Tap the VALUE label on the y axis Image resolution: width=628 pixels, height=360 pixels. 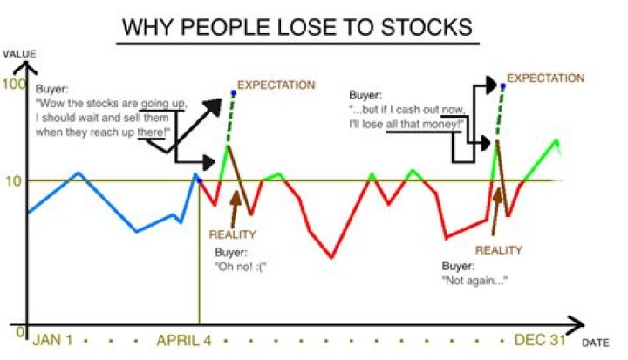coord(18,54)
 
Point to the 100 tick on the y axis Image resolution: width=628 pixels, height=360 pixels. coord(13,85)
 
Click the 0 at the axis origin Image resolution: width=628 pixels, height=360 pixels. coord(19,331)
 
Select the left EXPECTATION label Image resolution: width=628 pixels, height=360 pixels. coord(276,85)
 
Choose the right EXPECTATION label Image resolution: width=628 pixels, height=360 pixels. coord(545,78)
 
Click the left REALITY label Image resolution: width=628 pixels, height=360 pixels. coord(231,234)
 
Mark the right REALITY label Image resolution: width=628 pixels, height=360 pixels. coord(498,250)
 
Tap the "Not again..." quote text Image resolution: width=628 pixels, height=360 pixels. coord(474,281)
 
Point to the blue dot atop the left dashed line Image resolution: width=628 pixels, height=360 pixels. coord(233,92)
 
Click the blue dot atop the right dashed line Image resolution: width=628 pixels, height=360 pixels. coord(502,85)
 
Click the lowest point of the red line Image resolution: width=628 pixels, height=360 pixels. coord(331,258)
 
